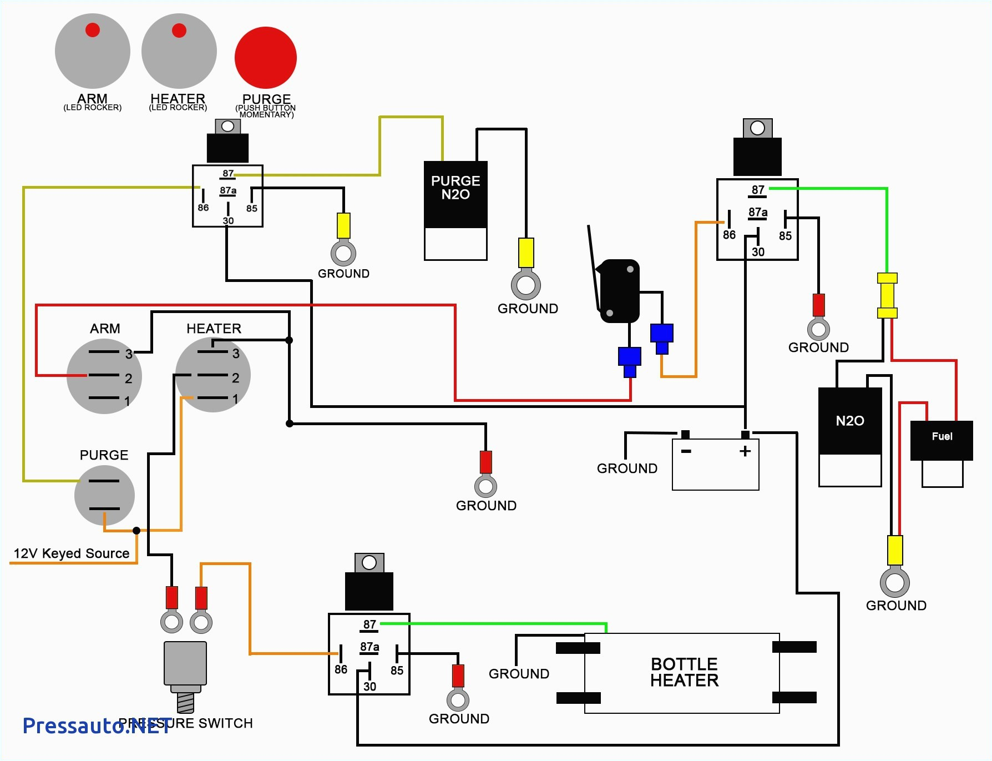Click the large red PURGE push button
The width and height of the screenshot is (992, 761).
click(265, 58)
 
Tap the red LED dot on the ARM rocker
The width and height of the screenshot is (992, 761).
click(93, 30)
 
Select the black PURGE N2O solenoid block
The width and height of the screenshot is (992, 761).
click(455, 194)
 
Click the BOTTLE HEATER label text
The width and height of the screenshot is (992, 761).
click(684, 672)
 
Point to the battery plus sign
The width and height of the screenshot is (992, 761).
click(745, 451)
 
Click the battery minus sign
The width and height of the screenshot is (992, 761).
click(686, 451)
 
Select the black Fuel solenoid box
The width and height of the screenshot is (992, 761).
click(942, 440)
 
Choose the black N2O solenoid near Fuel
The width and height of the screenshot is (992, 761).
click(849, 421)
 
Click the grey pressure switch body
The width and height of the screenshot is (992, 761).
click(185, 663)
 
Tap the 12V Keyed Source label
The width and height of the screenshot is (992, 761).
click(71, 553)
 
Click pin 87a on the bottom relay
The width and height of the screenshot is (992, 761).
click(370, 647)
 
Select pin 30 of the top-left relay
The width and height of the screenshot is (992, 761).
click(228, 220)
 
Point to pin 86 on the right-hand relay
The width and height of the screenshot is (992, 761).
click(729, 235)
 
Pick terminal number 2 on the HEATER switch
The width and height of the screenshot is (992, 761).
click(235, 378)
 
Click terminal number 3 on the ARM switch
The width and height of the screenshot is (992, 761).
click(129, 354)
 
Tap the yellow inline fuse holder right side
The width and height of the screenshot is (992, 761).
click(887, 295)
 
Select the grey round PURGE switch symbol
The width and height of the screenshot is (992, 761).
click(104, 495)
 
